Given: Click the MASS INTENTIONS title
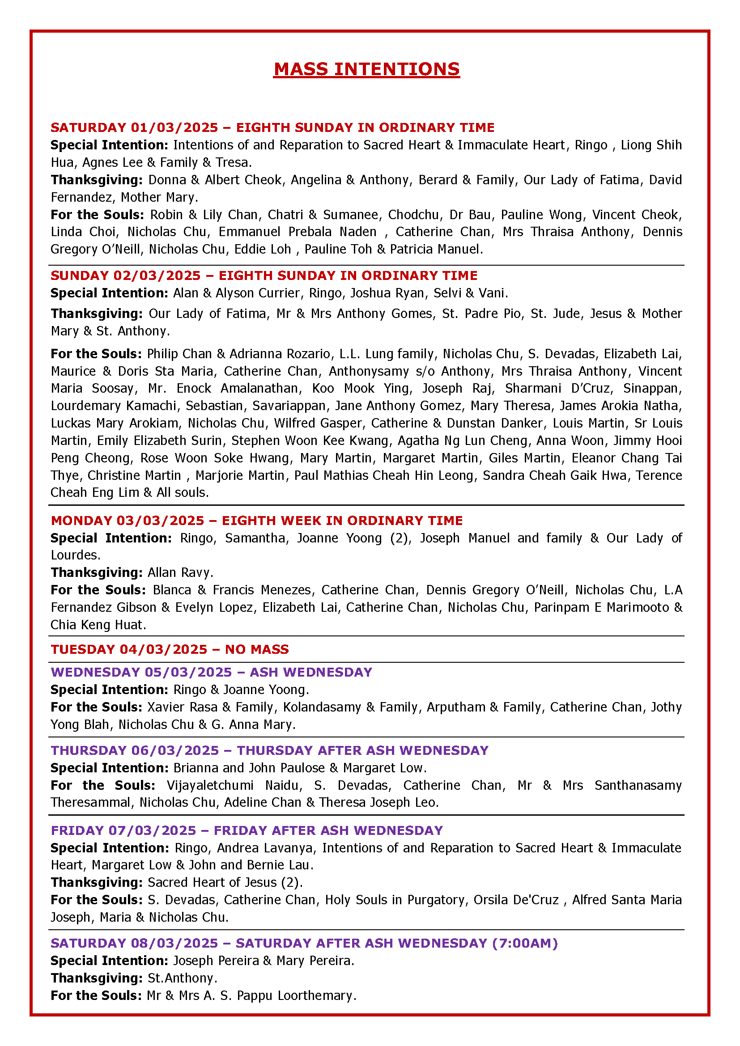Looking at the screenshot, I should (x=366, y=69).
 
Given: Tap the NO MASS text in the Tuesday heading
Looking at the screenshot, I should (x=257, y=649).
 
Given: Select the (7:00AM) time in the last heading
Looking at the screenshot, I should (x=525, y=943).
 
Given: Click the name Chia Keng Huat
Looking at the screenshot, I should (x=98, y=625).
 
